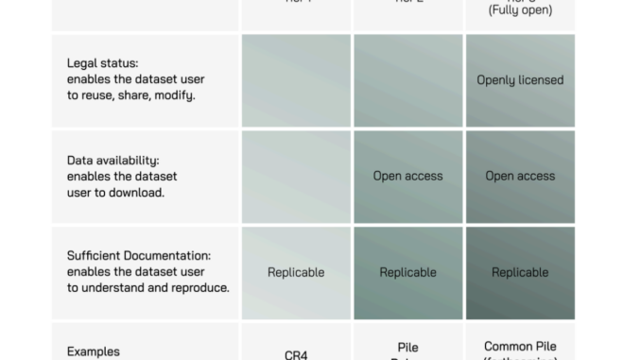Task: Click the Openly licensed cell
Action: pyautogui.click(x=519, y=80)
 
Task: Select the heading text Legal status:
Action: pyautogui.click(x=102, y=63)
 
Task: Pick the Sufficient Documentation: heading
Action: pyautogui.click(x=139, y=256)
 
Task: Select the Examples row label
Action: pyautogui.click(x=94, y=351)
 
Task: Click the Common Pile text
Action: pyautogui.click(x=519, y=347)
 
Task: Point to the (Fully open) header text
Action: pyautogui.click(x=519, y=10)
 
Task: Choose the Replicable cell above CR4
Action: pyautogui.click(x=296, y=272)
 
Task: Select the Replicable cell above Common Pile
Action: pyautogui.click(x=519, y=272)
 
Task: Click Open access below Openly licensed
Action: pyautogui.click(x=519, y=176)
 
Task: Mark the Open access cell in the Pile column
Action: pyautogui.click(x=407, y=176)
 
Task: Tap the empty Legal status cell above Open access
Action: pyautogui.click(x=407, y=80)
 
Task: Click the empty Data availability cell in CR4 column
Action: pyautogui.click(x=296, y=176)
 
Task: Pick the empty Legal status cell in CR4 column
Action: pyautogui.click(x=296, y=80)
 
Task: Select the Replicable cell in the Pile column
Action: pyautogui.click(x=407, y=272)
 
